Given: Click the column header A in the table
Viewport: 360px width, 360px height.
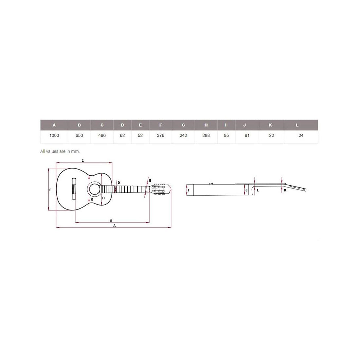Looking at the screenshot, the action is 54,125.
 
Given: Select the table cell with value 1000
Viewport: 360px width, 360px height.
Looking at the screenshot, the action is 54,135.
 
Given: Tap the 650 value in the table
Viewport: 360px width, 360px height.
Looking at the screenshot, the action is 79,135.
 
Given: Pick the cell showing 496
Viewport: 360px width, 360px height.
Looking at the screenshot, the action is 102,135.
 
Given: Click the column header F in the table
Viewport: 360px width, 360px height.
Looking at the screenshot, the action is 160,125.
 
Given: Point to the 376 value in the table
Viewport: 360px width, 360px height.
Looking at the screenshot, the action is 160,135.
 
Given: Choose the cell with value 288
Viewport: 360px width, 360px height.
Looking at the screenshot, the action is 206,135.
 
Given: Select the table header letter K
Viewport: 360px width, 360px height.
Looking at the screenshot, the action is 270,125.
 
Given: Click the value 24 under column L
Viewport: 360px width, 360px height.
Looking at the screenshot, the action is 301,135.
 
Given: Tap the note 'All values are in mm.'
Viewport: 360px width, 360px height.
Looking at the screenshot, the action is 60,151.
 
